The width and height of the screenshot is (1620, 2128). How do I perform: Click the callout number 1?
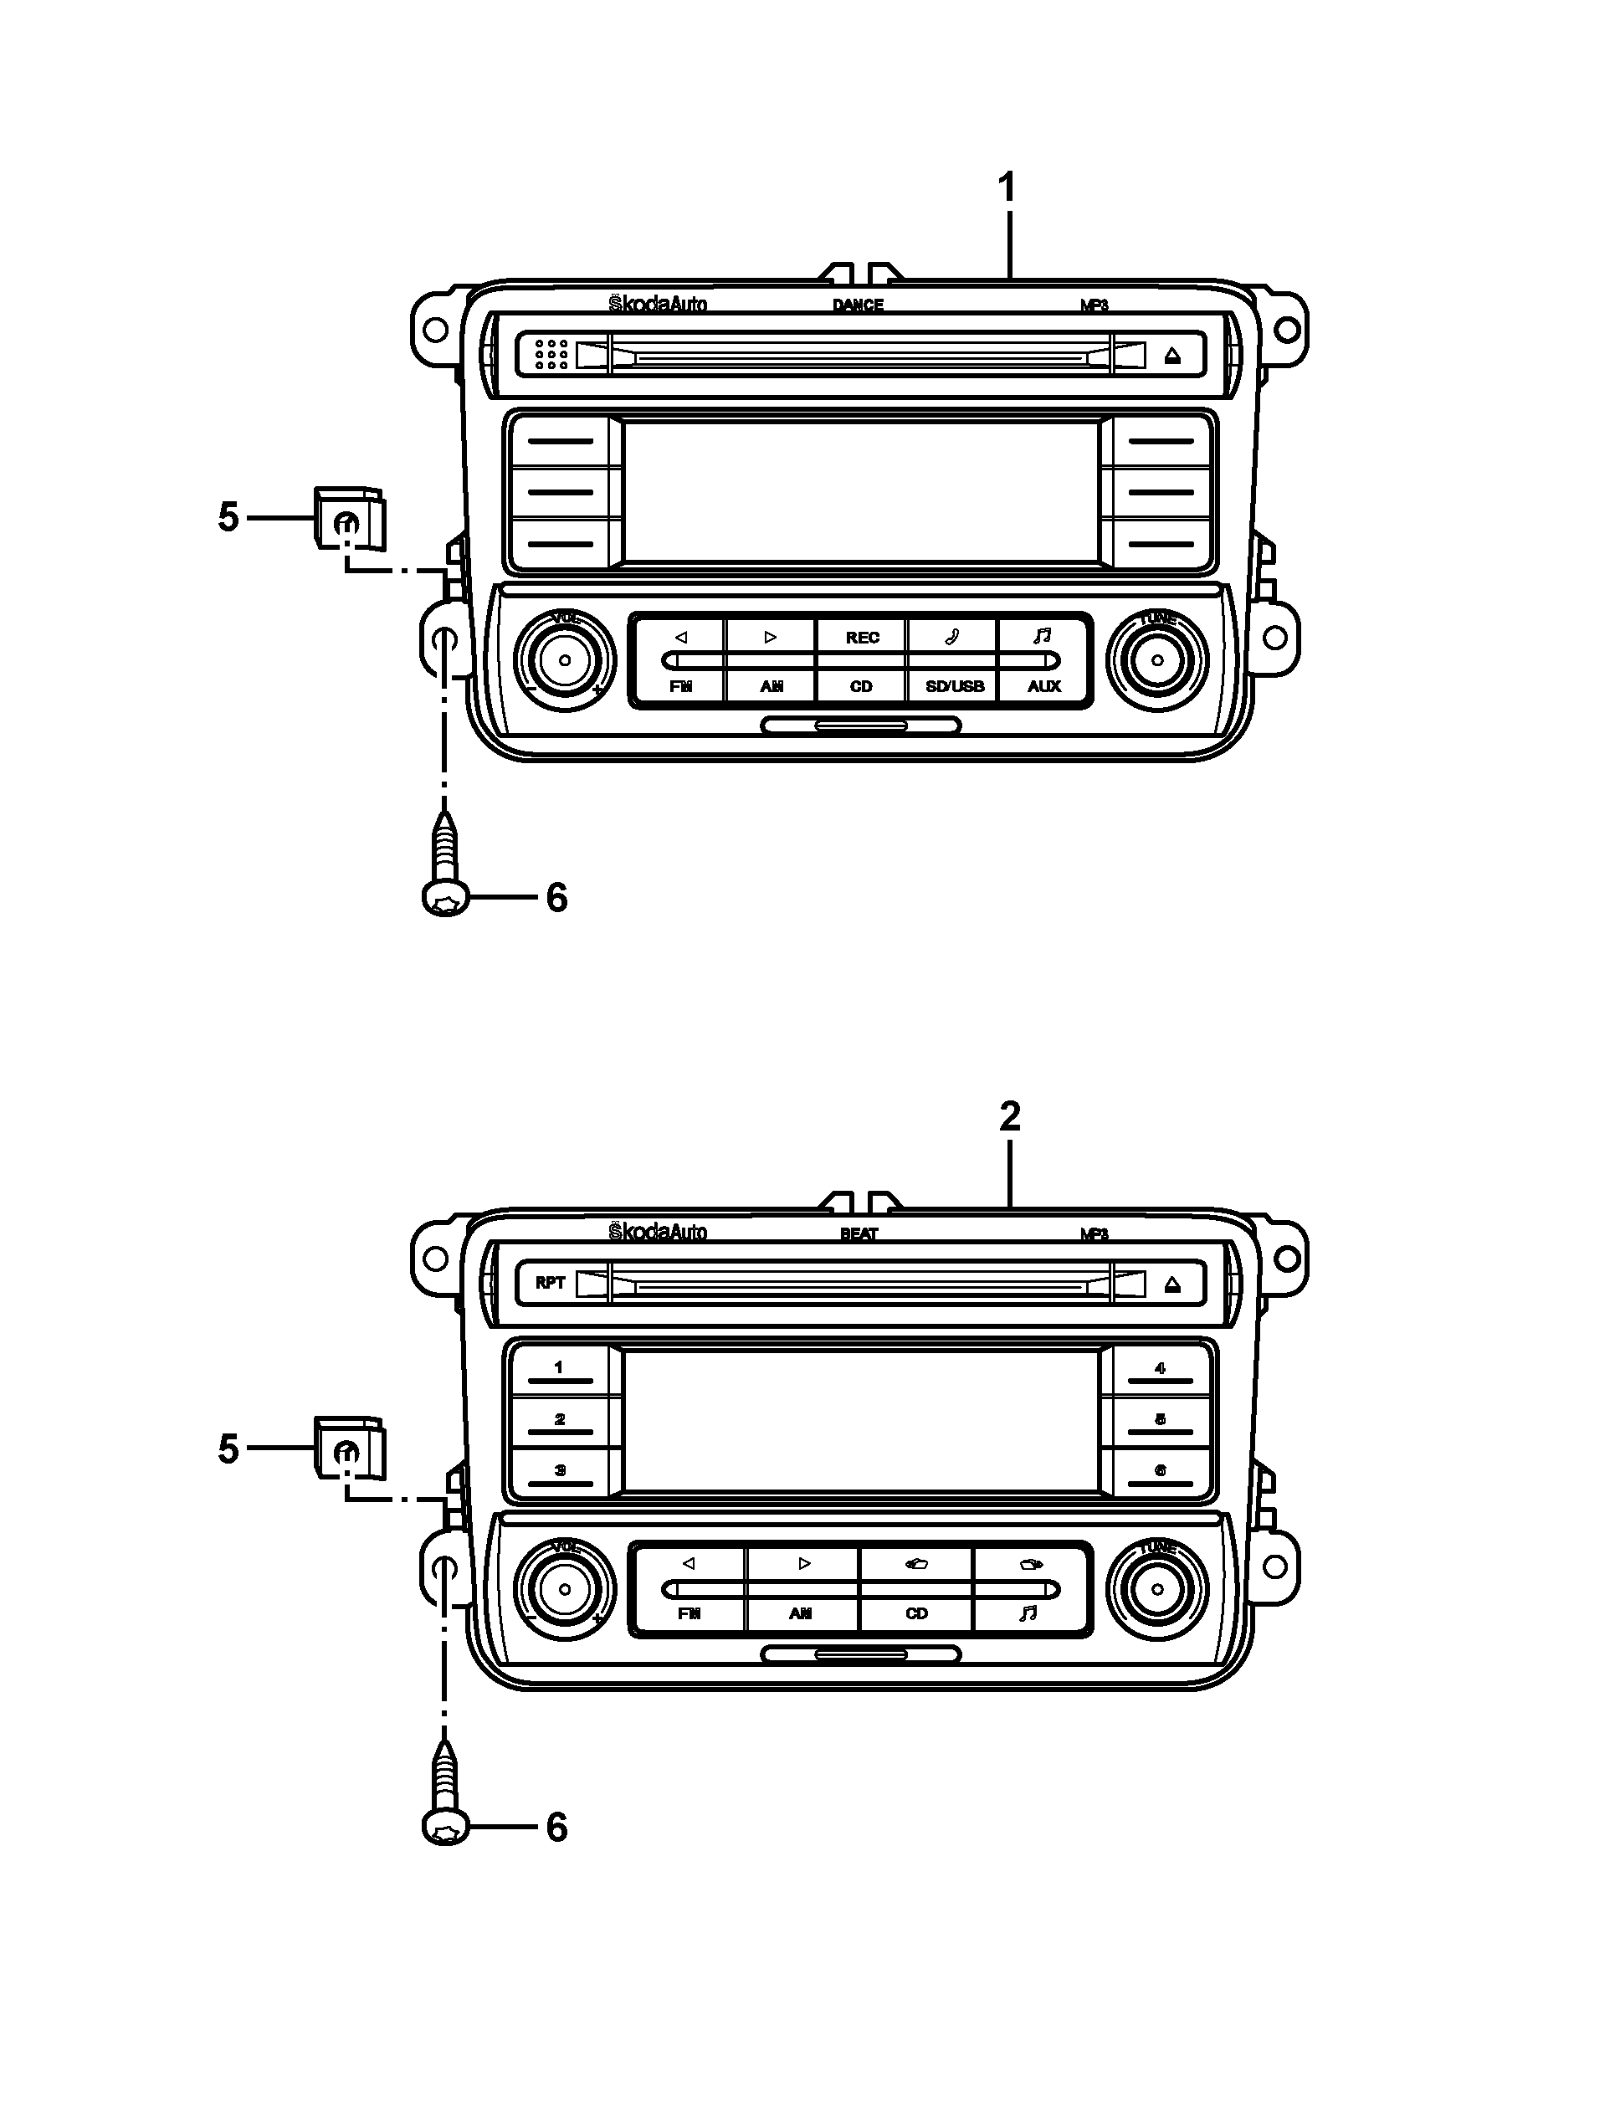coord(1007,187)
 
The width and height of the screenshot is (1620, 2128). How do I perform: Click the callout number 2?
coord(1010,1116)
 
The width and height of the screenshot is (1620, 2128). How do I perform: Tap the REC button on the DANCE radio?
coord(862,638)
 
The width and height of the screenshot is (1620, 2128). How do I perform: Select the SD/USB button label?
coord(954,686)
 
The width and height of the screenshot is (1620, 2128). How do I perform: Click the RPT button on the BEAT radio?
coord(550,1282)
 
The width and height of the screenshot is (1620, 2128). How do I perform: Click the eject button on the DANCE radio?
coord(1172,355)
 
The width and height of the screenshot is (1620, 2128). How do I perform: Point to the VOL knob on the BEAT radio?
coord(565,1589)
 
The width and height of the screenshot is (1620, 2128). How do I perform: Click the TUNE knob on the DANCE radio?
coord(1157,660)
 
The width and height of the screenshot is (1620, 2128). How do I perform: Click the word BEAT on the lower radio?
coord(859,1233)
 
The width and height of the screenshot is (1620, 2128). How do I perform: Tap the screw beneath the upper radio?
coord(445,867)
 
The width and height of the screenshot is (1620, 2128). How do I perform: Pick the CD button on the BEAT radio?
coord(916,1613)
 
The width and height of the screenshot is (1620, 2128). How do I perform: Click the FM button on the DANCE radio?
coord(681,686)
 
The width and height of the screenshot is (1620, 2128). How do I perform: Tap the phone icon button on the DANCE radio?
coord(951,636)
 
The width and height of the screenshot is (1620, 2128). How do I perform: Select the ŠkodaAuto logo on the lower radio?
coord(658,1233)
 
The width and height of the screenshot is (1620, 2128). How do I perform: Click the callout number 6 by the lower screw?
coord(557,1828)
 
